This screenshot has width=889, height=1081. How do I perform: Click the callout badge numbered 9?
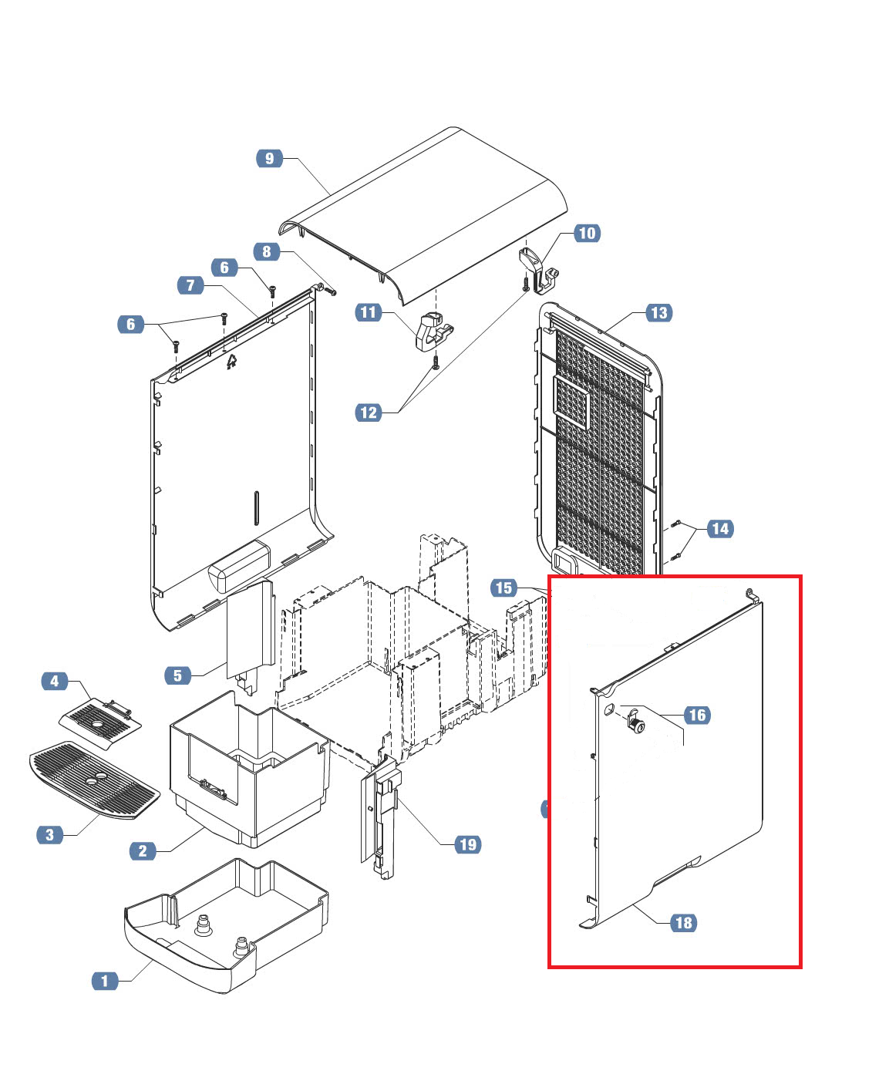(269, 158)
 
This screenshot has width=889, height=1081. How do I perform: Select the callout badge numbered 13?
(658, 313)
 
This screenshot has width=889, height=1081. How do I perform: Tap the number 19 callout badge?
(468, 845)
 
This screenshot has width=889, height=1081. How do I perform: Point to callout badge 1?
(105, 981)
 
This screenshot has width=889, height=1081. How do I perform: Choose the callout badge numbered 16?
(697, 715)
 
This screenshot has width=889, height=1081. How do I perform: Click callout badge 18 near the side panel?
(684, 923)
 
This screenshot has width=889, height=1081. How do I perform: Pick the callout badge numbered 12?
(369, 413)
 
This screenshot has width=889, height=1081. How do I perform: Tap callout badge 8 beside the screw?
(267, 251)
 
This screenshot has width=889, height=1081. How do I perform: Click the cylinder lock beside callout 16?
(636, 722)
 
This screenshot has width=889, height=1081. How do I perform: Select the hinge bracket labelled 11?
(433, 332)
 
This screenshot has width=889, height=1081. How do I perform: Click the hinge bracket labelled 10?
(538, 270)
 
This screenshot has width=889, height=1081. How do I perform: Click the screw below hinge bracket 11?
(436, 362)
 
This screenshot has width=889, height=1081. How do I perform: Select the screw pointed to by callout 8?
(331, 291)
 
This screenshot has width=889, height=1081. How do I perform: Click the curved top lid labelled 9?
(423, 216)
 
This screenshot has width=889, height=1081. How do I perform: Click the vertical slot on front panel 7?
(256, 508)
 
